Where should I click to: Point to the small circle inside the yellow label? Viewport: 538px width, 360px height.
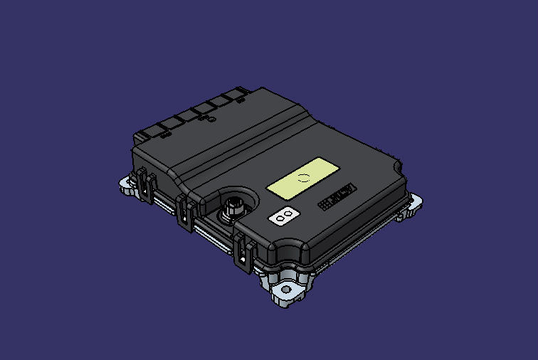coord(304,177)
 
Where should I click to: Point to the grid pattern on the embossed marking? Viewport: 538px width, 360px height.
coord(325,203)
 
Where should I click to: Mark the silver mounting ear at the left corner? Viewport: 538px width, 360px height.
coord(128,186)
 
